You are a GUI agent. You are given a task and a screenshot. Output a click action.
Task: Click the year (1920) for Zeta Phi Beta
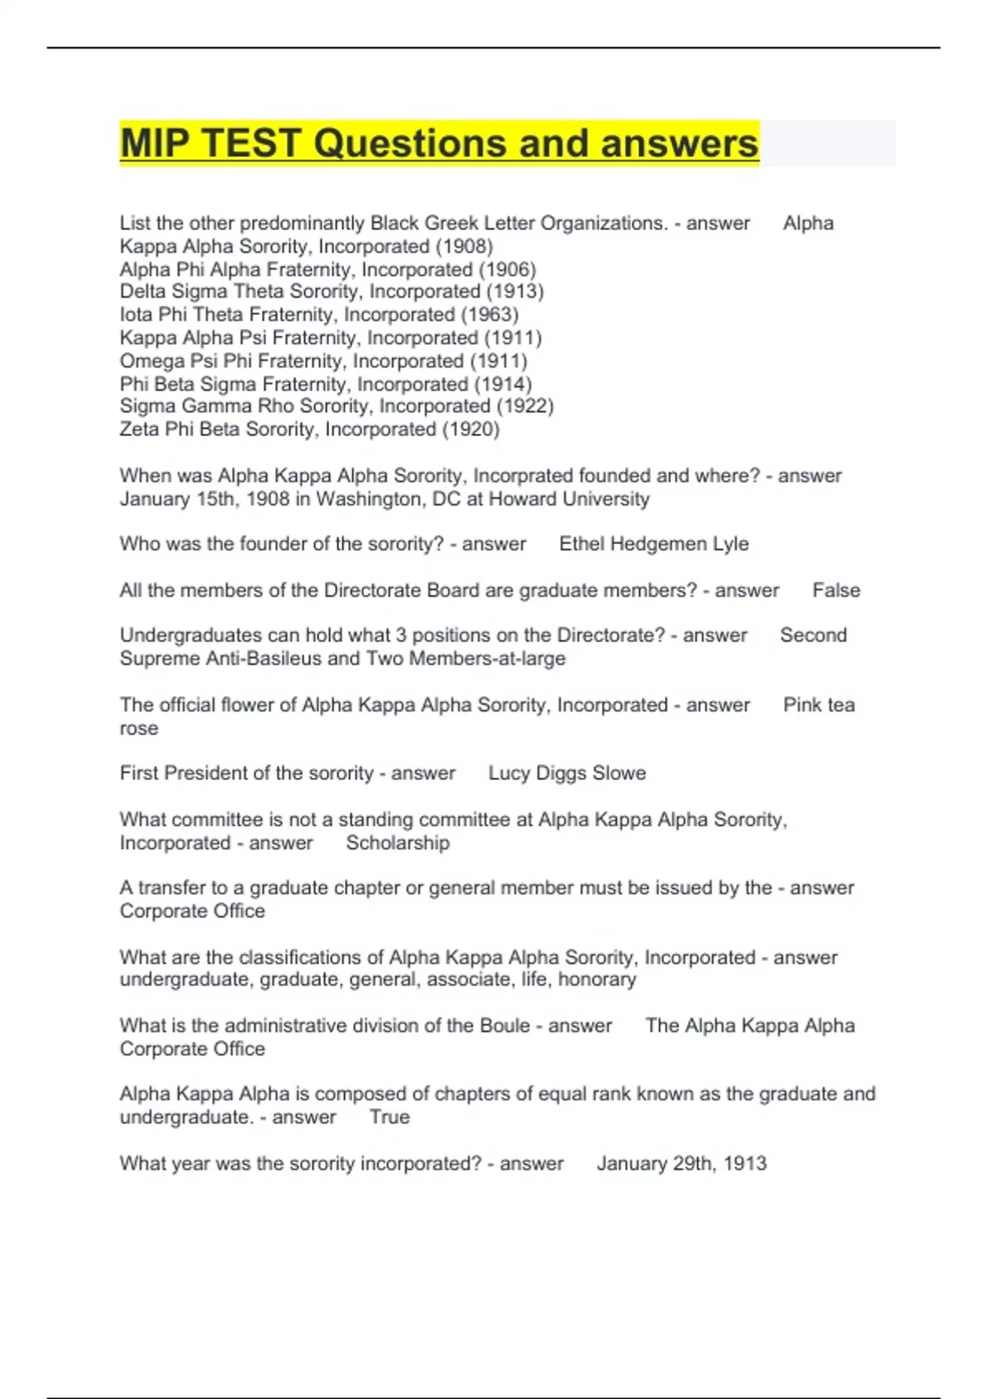point(471,429)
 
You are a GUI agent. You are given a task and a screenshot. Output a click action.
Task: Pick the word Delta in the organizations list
point(143,291)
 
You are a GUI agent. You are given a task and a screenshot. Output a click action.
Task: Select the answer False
point(836,590)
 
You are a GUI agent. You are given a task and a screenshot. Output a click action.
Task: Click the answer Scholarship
point(398,843)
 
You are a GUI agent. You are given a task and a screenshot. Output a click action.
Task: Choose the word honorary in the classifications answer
point(597,979)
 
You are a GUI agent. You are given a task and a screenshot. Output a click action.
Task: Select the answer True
point(389,1117)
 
